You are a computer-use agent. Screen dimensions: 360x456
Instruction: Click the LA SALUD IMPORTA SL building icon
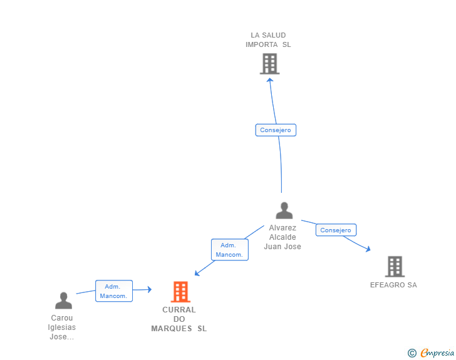click(269, 64)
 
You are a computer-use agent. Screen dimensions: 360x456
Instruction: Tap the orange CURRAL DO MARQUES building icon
click(180, 292)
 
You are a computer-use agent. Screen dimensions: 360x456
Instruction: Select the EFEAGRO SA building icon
click(395, 267)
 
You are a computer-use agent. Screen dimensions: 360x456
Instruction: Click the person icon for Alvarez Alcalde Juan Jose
click(284, 211)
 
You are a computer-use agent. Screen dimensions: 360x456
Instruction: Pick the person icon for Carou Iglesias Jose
click(63, 301)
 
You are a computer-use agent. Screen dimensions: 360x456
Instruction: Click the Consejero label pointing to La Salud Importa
click(276, 130)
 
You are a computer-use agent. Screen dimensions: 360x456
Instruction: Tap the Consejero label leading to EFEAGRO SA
click(336, 230)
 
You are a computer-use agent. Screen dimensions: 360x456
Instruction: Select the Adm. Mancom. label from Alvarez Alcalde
click(229, 250)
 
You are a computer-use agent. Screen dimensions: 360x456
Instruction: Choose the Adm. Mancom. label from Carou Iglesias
click(114, 291)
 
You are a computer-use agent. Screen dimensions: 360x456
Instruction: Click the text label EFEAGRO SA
click(393, 285)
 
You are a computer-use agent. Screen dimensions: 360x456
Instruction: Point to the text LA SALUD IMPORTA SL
click(268, 40)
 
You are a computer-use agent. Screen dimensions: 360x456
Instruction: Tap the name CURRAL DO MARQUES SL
click(179, 319)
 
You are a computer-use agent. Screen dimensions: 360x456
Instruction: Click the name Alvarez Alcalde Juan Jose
click(282, 237)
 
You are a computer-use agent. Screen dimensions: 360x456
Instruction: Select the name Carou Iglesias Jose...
click(62, 327)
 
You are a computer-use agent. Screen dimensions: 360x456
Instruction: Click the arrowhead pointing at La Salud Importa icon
click(271, 81)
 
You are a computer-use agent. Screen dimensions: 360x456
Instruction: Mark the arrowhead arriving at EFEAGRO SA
click(368, 249)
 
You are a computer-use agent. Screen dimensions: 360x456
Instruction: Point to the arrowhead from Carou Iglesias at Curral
click(149, 289)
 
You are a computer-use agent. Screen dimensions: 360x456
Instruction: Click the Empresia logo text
click(437, 353)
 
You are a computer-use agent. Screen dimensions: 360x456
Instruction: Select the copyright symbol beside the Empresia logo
click(412, 353)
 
